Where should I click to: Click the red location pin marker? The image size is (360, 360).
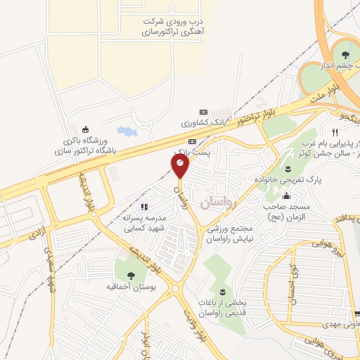point(181,167)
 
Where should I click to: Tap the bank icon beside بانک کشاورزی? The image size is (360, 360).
point(204,112)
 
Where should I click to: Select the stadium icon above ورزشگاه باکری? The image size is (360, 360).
point(86,129)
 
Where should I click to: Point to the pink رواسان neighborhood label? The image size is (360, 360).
point(215,202)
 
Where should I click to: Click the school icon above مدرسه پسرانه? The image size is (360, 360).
point(143,207)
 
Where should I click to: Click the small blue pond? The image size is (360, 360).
point(124,131)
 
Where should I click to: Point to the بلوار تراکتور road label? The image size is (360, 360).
point(254,116)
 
